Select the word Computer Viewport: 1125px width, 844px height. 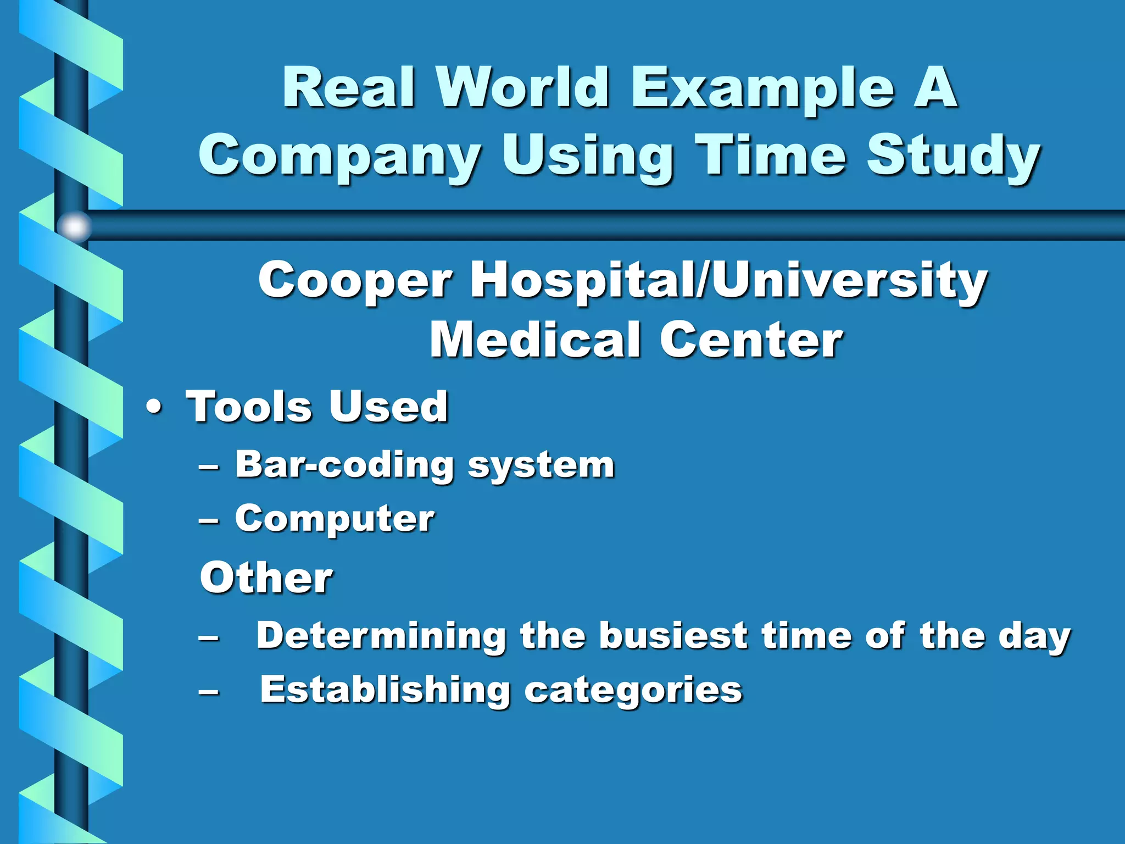click(335, 520)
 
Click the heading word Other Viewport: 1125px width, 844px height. click(266, 578)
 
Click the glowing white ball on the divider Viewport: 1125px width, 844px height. click(75, 226)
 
